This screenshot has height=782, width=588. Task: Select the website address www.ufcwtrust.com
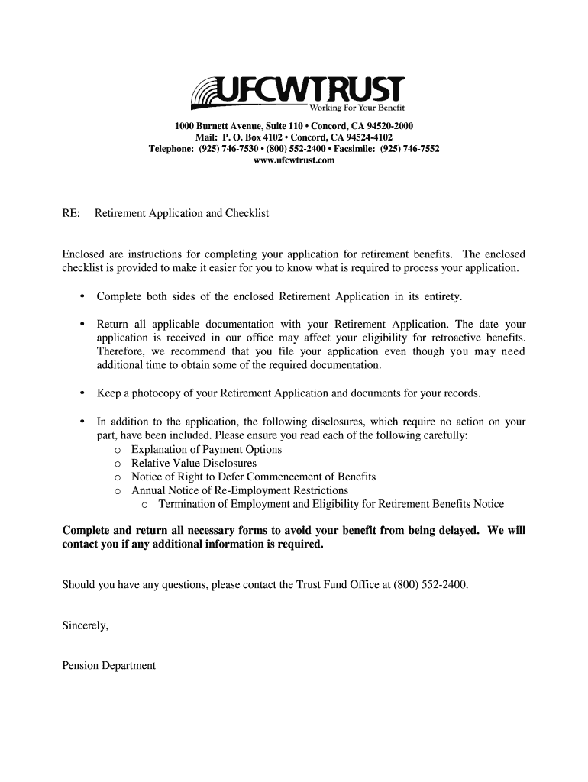293,160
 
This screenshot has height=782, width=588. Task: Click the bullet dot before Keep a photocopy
82,393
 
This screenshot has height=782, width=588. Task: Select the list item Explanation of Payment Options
206,449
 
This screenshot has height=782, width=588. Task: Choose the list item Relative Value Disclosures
194,463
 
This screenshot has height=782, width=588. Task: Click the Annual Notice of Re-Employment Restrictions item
240,490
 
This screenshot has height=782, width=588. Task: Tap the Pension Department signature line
108,665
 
